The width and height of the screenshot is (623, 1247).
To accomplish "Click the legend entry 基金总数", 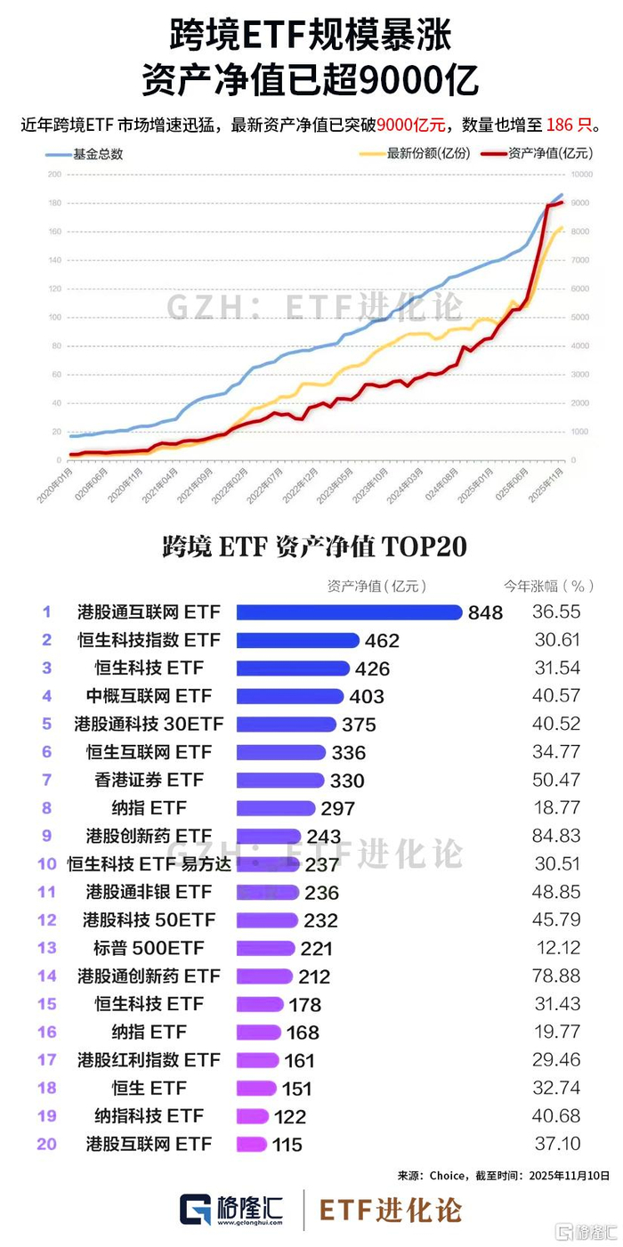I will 98,153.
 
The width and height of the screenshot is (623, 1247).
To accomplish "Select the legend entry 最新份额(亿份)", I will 427,153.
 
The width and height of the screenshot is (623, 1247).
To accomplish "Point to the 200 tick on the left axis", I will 54,174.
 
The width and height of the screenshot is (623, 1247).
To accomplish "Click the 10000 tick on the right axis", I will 580,174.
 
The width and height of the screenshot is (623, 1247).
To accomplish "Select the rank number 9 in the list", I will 46,836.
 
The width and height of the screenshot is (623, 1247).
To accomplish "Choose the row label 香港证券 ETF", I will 150,780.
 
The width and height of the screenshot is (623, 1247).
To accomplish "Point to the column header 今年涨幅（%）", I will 549,586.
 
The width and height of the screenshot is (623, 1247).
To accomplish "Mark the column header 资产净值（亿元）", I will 377,586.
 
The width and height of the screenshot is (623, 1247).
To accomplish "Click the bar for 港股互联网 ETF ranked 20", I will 252,1144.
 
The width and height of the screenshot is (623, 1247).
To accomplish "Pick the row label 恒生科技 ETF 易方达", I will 149,863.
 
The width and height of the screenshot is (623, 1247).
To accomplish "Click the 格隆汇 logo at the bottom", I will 231,1209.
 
